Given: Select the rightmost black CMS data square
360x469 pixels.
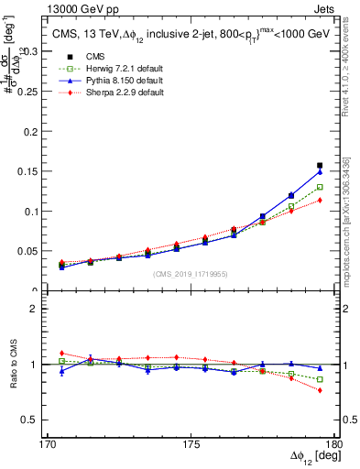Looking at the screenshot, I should [x=320, y=166].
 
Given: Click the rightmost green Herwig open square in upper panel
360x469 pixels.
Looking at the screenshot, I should [x=320, y=187].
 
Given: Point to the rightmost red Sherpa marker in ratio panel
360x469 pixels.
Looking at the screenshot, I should [x=320, y=390].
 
